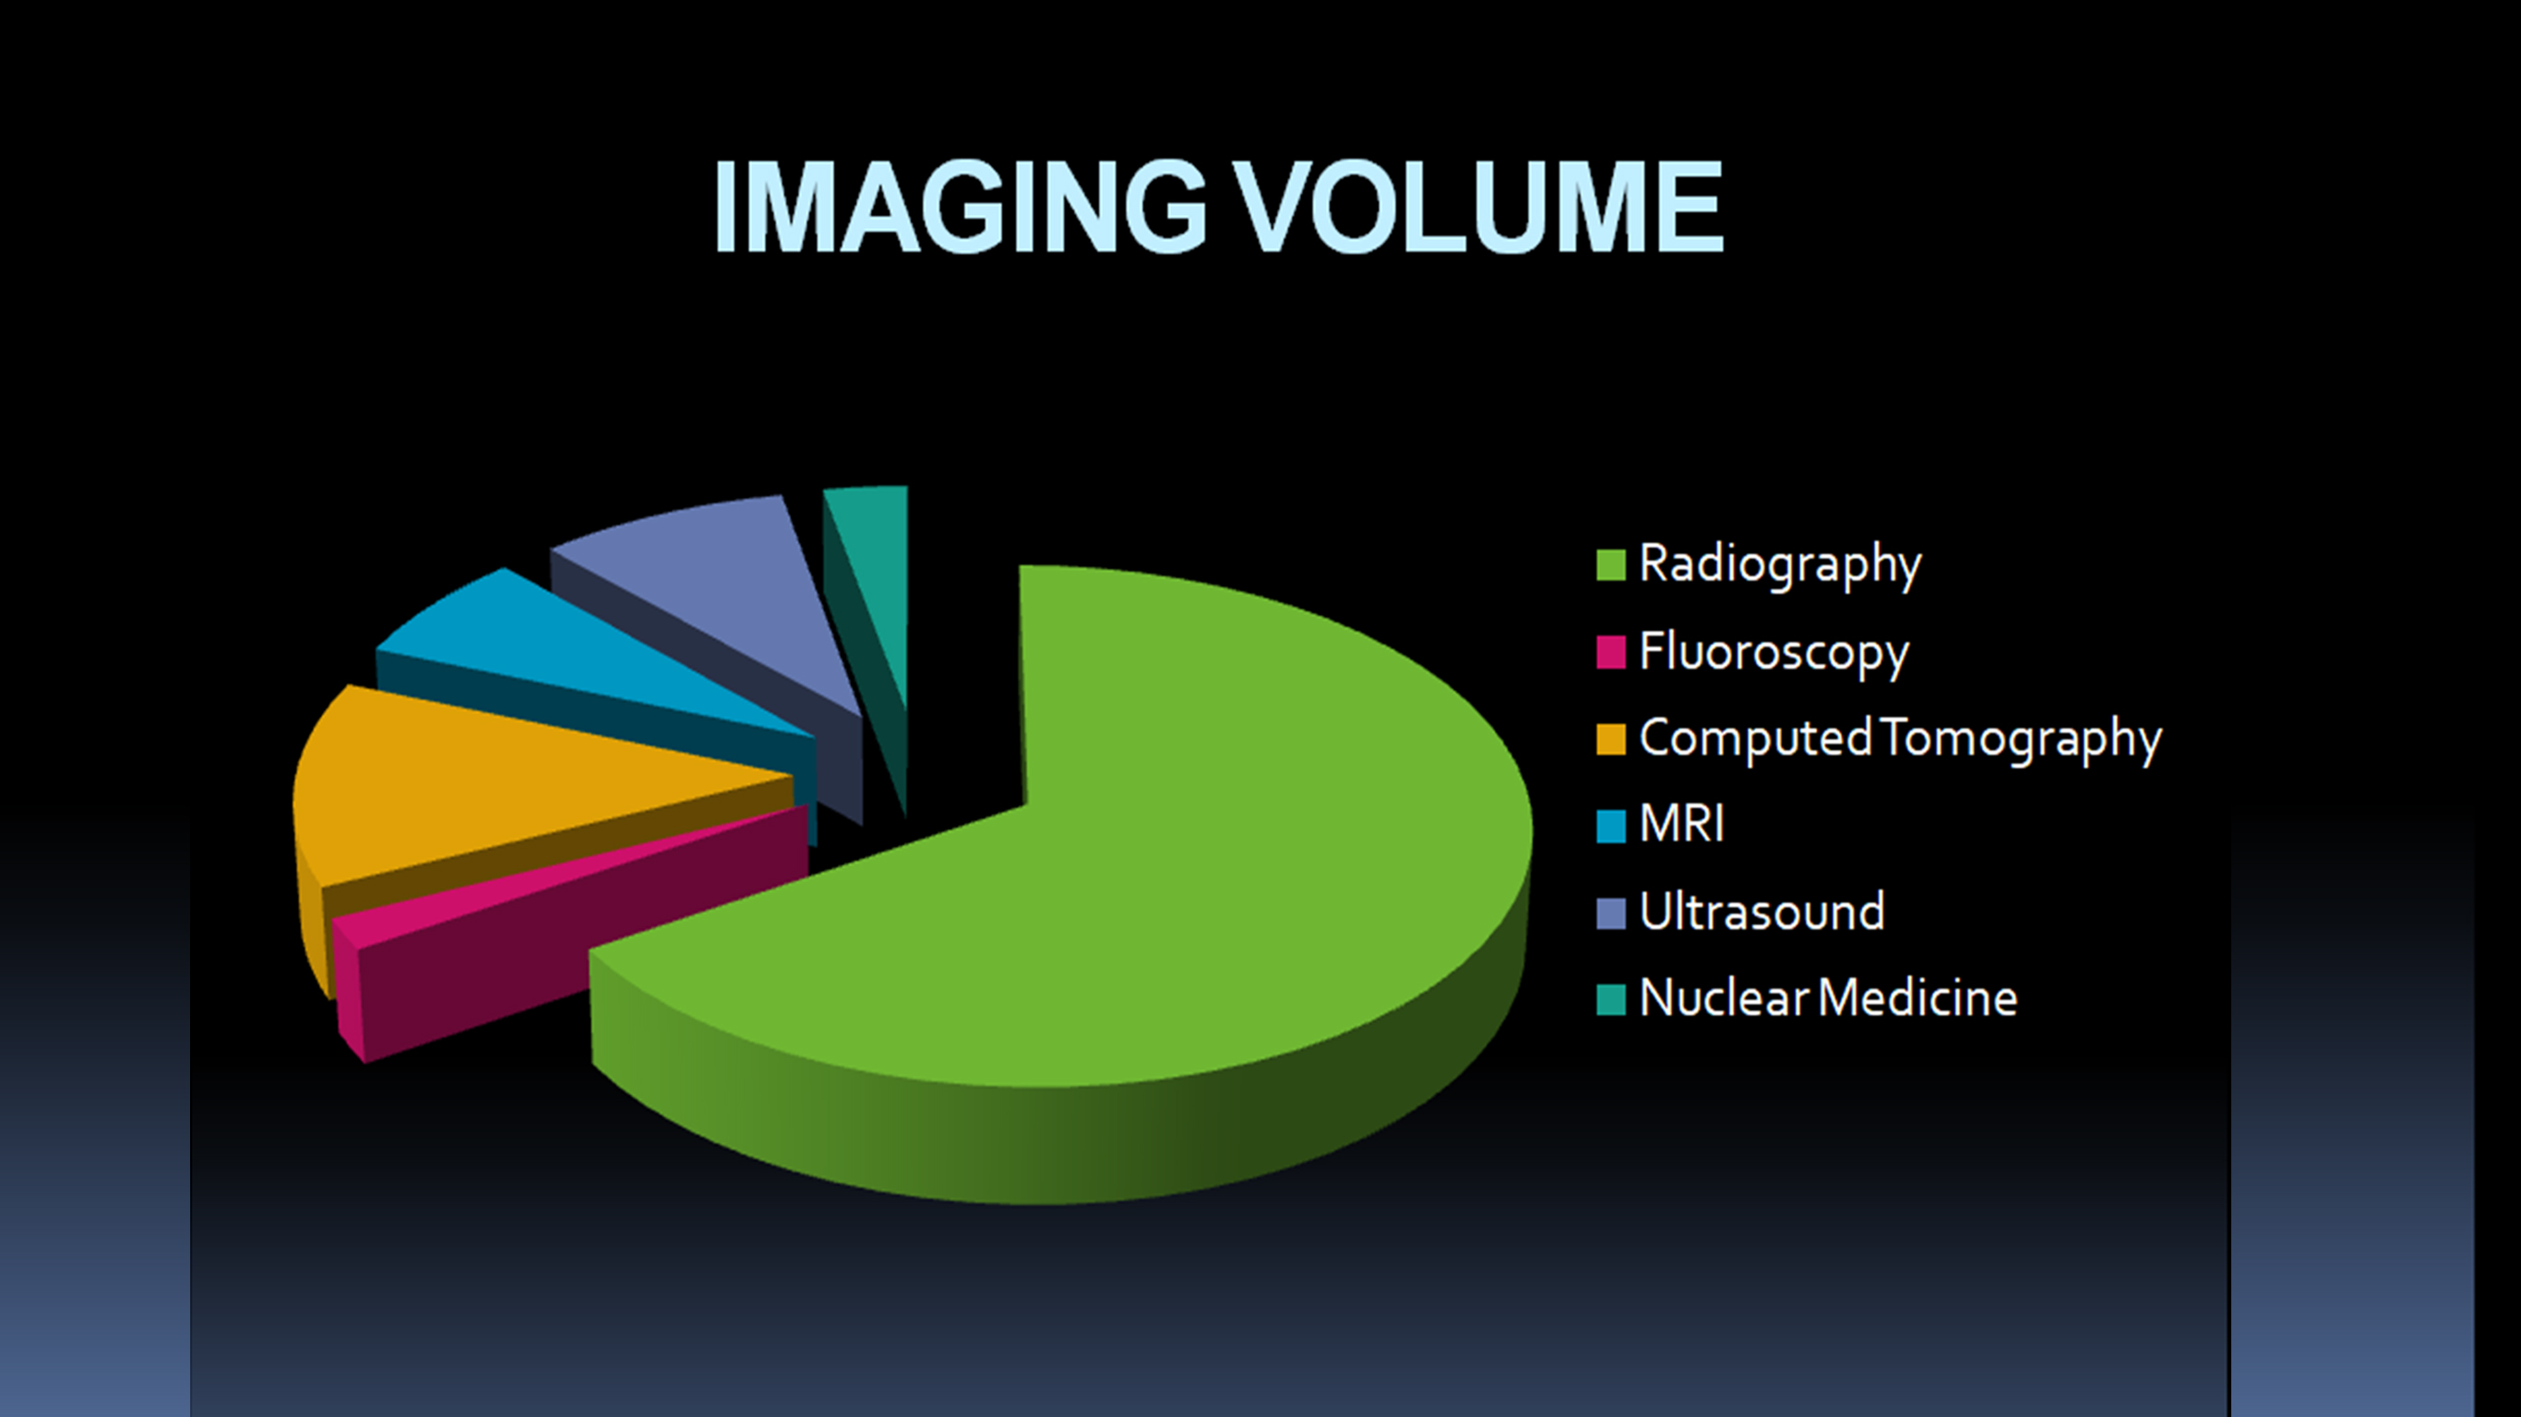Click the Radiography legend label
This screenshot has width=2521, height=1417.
1780,565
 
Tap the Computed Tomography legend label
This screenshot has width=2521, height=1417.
1900,739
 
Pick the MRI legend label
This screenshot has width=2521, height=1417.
1681,824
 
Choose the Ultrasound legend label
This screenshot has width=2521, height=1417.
1762,912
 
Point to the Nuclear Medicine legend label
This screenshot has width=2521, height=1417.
1828,998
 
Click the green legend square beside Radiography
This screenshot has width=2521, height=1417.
1611,565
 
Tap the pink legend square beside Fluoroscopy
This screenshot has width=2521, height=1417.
1611,651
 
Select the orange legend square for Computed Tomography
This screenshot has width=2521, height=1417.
1611,739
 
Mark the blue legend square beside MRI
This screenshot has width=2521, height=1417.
1611,826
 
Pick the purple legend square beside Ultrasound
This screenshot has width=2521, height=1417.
1611,913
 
